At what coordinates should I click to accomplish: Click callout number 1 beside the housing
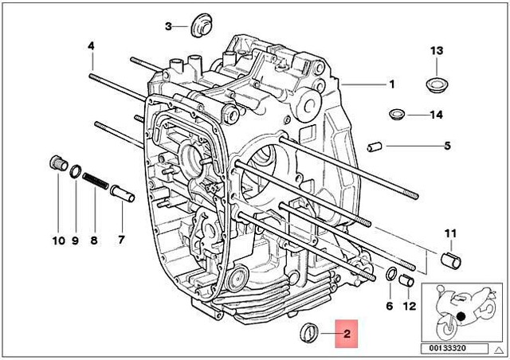coord(391,84)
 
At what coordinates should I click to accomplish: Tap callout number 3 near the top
coord(168,26)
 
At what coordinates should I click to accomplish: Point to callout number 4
coord(91,46)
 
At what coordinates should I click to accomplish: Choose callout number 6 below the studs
coord(390,307)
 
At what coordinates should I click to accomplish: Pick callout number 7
coord(121,240)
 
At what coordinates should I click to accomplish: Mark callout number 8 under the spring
coord(94,240)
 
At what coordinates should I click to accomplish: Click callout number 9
coord(75,240)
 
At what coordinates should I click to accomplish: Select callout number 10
coord(57,240)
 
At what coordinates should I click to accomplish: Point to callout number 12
coord(410,307)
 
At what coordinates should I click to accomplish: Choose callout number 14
coord(435,115)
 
